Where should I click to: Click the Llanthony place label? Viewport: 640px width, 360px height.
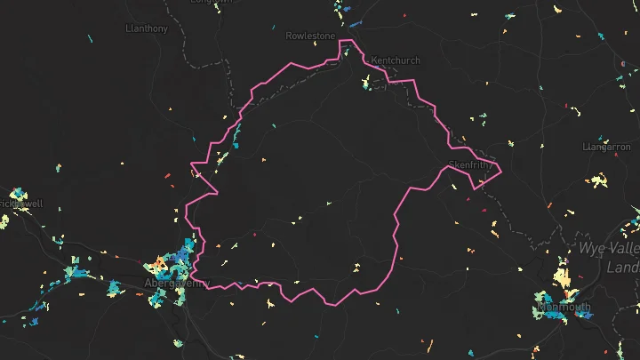click(147, 28)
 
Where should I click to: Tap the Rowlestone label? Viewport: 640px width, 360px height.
click(311, 36)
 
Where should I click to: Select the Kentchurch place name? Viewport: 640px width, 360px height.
click(395, 60)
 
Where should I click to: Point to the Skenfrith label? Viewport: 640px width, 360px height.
click(469, 164)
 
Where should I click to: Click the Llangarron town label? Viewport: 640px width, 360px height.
click(610, 146)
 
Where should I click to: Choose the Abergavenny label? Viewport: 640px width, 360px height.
click(176, 284)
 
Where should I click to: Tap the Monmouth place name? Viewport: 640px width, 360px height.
click(564, 308)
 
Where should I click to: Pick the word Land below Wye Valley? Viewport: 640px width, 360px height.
click(621, 267)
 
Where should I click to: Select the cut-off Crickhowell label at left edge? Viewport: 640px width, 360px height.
click(20, 204)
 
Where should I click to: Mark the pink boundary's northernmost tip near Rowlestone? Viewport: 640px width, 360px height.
click(351, 41)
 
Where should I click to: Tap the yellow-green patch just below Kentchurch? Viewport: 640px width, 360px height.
click(365, 84)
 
